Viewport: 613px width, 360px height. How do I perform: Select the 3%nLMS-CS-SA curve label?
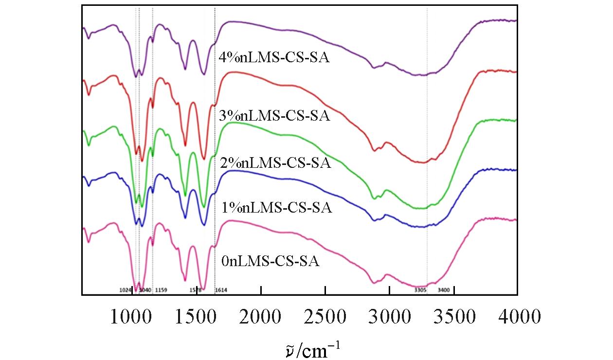point(275,116)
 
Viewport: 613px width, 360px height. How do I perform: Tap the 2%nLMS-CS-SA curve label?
point(275,163)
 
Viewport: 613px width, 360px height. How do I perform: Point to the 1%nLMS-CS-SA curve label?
point(276,208)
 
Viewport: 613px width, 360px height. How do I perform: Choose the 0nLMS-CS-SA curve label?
point(270,262)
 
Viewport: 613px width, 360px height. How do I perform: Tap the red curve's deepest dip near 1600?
point(204,158)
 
